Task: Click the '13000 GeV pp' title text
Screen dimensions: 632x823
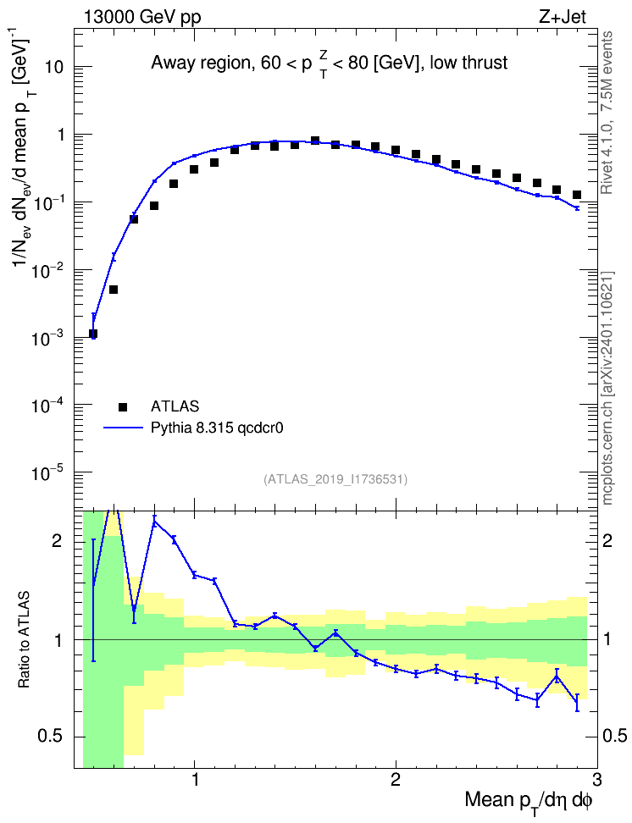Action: (141, 17)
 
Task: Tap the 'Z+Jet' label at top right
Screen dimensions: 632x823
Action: (563, 17)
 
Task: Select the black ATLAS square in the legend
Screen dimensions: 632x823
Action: (122, 406)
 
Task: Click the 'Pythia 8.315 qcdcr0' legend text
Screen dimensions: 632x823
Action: (217, 428)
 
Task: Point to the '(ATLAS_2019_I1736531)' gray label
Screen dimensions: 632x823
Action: (335, 478)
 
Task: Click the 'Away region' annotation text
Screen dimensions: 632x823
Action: (200, 64)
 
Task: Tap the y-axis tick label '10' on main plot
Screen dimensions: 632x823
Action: (53, 68)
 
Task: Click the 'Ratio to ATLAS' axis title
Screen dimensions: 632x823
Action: (25, 640)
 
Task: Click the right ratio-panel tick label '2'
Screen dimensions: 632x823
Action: (607, 541)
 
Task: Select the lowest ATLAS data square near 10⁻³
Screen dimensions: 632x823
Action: (93, 334)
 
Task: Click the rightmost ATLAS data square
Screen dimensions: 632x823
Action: (577, 195)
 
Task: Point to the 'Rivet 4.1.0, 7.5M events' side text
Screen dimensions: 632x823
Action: (607, 113)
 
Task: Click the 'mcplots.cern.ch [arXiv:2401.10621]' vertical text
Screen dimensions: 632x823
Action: (607, 388)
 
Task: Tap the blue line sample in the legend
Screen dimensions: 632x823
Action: (124, 428)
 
